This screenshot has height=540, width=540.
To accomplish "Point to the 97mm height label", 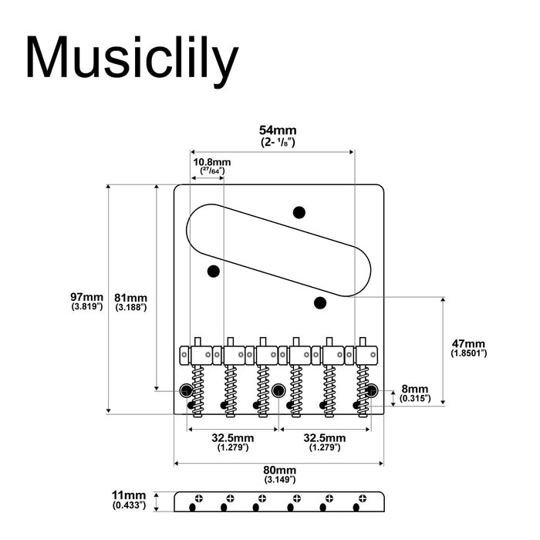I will coord(86,297).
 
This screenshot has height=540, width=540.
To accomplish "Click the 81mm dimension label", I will coord(131,298).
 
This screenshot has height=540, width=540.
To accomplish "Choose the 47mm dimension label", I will coord(468,343).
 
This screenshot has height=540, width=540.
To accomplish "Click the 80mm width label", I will coord(279,470).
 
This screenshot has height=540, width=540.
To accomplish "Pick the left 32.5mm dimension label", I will coord(232,438).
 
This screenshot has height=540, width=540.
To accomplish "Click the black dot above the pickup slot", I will coord(299,212).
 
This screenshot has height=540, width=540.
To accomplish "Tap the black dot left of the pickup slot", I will coord(214,271).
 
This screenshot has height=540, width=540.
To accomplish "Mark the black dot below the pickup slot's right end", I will coord(321,302).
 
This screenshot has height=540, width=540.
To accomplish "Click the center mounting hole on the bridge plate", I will coord(278,390).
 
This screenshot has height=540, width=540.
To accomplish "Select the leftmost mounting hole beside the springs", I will coord(186,390).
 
